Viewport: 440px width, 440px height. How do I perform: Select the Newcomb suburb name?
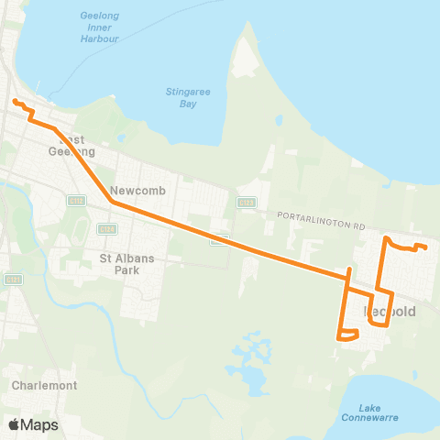click(x=134, y=178)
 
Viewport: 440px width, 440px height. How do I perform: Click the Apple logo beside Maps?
click(x=14, y=424)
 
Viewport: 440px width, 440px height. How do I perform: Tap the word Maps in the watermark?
click(x=39, y=424)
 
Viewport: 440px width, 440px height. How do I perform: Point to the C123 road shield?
click(x=246, y=202)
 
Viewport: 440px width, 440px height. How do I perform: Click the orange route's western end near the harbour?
click(x=15, y=100)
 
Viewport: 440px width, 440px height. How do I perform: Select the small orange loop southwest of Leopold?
click(x=347, y=335)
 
